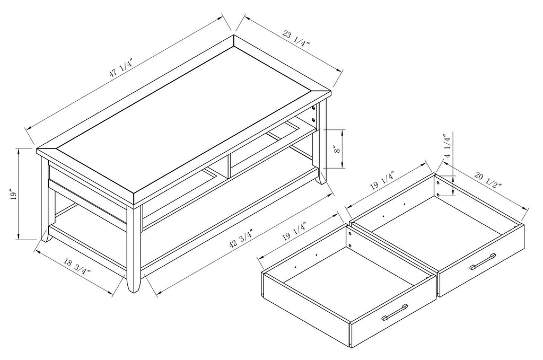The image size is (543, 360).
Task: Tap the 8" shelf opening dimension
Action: [x=336, y=150]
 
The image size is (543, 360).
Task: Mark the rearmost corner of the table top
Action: [x=234, y=37]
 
